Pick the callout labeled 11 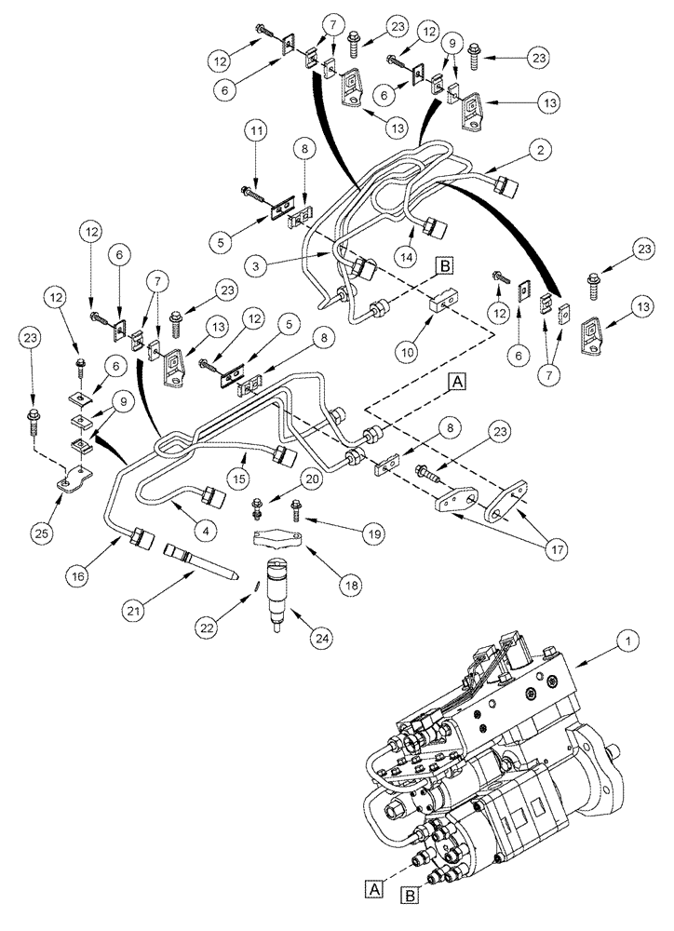256,135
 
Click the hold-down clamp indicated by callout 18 278,540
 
